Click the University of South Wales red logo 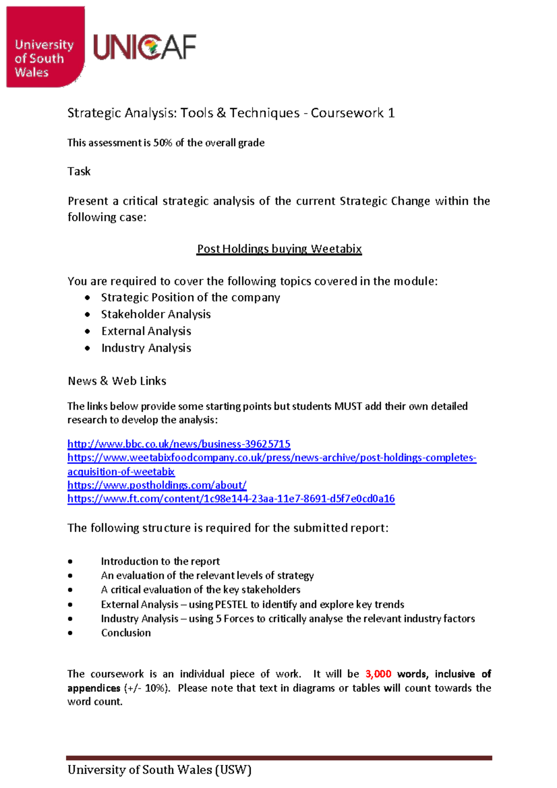(x=45, y=47)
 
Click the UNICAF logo (x=145, y=47)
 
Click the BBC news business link (x=179, y=444)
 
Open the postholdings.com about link (x=157, y=485)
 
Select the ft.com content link (x=231, y=499)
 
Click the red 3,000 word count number (x=378, y=674)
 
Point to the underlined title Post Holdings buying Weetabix (x=279, y=249)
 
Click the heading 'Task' (x=79, y=172)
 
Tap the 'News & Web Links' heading (x=117, y=381)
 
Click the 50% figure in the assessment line (x=162, y=143)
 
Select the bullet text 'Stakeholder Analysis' (x=156, y=315)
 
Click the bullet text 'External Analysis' (x=146, y=331)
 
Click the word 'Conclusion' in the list (x=126, y=633)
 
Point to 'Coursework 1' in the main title (x=353, y=113)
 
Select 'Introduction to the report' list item (x=160, y=562)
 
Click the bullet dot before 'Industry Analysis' (x=88, y=348)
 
